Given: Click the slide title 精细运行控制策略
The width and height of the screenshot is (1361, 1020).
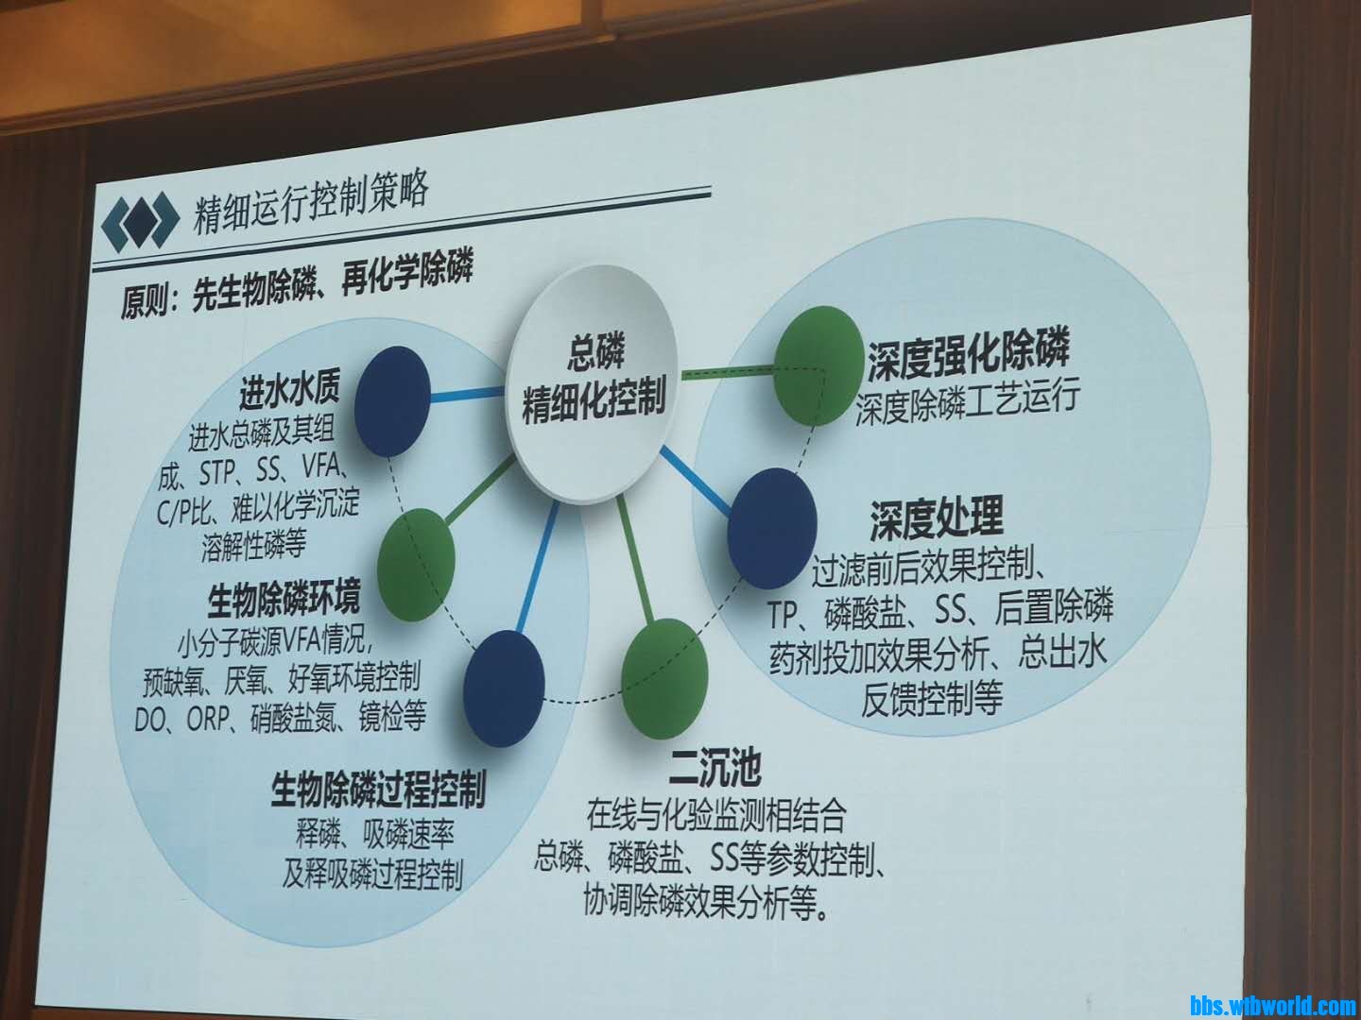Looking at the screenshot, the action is tap(310, 204).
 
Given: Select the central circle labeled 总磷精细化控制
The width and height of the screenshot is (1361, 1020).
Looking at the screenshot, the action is tap(594, 384).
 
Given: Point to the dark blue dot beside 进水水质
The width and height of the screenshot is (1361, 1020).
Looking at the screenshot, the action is tap(392, 400).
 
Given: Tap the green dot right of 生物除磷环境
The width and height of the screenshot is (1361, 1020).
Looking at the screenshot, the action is tap(416, 565).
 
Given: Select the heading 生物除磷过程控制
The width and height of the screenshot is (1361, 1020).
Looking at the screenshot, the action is tap(378, 789).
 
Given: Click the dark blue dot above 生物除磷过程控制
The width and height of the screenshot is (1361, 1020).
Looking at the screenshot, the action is tap(504, 688).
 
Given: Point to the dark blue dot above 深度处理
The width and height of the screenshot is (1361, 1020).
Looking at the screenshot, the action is tap(771, 528).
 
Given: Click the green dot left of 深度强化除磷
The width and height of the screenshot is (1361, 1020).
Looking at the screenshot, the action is tap(812, 365).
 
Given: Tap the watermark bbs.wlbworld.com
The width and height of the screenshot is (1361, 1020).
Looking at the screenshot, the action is tap(1273, 1005).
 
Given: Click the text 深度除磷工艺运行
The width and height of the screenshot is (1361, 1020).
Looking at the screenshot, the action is tap(968, 405).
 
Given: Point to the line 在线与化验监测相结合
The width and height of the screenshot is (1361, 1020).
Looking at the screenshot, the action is tap(716, 816).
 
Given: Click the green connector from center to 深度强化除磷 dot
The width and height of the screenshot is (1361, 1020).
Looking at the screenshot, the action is tap(727, 372).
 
